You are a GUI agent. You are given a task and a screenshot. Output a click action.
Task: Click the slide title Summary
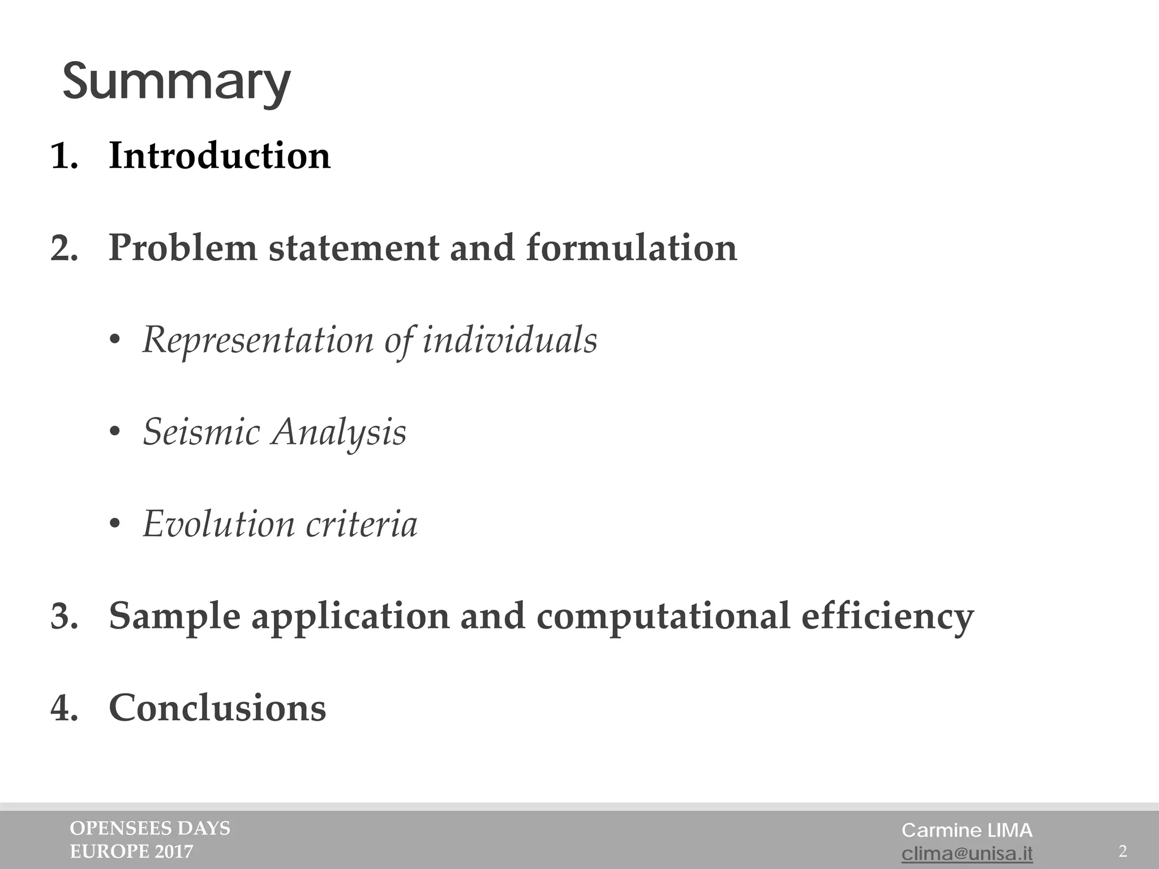176,83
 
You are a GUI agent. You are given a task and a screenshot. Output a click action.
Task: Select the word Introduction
220,156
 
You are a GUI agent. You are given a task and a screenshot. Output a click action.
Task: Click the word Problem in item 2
182,248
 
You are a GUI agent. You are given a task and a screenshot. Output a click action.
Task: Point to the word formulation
632,248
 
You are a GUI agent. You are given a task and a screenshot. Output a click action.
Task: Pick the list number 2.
63,249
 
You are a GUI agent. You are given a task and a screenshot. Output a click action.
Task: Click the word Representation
257,340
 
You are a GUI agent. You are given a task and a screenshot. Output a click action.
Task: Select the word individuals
510,340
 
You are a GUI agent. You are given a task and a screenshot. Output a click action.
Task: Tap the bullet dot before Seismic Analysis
115,433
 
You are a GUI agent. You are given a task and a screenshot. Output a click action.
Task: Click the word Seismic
201,432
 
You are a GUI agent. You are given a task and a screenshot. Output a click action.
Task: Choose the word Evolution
218,524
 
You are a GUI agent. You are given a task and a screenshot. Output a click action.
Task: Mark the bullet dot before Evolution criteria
115,524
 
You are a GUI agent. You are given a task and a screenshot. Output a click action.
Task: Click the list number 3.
63,617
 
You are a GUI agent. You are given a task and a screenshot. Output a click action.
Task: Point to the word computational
663,616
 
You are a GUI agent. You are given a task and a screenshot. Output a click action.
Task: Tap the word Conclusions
217,708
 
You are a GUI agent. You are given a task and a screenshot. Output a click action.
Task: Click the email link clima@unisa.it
967,853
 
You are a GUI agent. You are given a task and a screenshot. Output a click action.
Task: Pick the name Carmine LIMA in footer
967,830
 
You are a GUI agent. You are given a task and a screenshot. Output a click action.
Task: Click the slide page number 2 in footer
1123,851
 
